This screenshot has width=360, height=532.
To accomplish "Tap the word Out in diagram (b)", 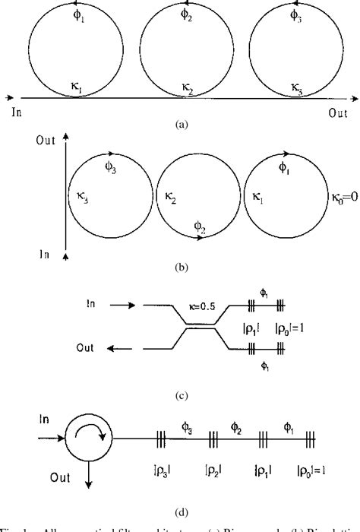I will [46, 141].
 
